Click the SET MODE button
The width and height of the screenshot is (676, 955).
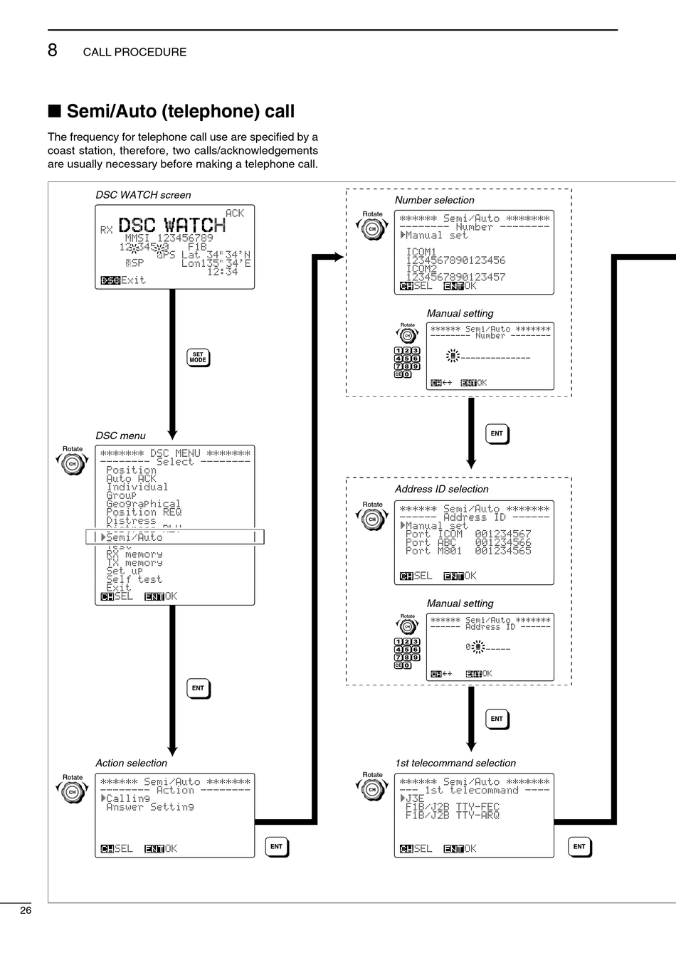tap(198, 357)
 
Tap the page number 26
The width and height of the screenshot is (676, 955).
tap(26, 910)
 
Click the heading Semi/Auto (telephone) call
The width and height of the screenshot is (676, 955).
tap(180, 111)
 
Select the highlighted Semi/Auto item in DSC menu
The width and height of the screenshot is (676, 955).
tap(134, 537)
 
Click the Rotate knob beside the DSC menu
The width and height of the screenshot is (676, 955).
tap(72, 464)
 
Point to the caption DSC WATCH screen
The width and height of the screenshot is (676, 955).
tap(143, 195)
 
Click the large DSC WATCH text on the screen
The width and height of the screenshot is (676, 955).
tap(171, 226)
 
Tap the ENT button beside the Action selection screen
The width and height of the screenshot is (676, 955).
tap(276, 846)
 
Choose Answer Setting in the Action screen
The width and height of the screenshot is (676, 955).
tap(149, 807)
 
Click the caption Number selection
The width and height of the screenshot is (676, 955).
tap(434, 200)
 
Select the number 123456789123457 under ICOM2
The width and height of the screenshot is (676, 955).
tap(455, 277)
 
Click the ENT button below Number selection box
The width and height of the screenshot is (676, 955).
tap(497, 433)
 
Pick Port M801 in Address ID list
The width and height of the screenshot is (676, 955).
tap(468, 551)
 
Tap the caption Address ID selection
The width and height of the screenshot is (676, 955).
tap(441, 489)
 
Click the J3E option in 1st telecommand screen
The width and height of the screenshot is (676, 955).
tap(414, 798)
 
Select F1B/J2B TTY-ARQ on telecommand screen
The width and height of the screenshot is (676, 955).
tap(452, 816)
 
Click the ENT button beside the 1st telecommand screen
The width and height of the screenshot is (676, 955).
tap(579, 846)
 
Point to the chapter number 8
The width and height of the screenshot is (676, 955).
tap(53, 51)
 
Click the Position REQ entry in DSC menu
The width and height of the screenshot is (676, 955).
tap(144, 512)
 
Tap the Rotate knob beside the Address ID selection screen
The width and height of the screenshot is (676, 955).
tap(371, 519)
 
